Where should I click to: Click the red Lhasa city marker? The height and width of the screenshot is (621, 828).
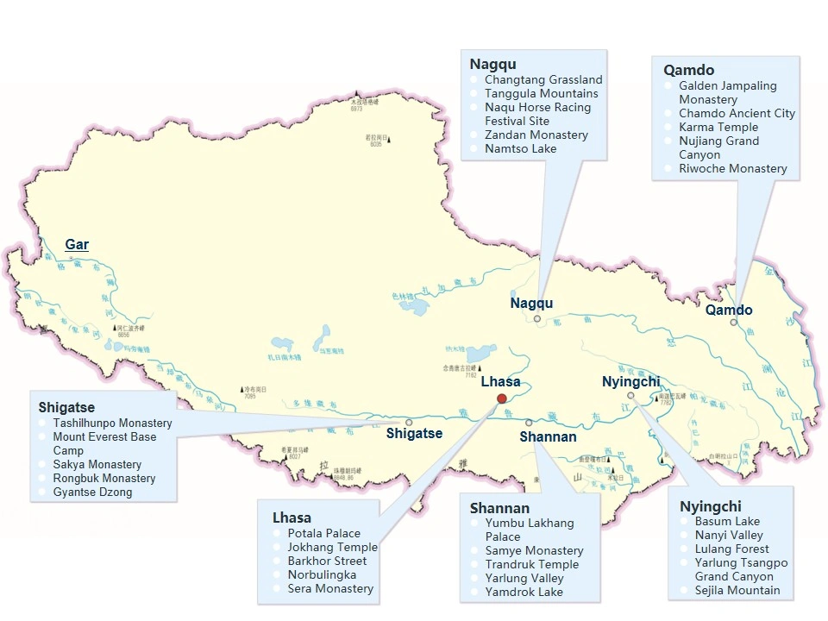(502, 398)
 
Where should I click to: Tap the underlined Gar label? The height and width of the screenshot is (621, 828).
(77, 245)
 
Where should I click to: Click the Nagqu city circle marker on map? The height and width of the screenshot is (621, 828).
(536, 318)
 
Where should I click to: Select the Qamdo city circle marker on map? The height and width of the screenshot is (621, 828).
(734, 323)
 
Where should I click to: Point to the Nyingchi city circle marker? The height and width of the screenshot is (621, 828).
(630, 395)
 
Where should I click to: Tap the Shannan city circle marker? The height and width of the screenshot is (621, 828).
(529, 423)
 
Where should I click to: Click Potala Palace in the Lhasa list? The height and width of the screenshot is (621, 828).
(325, 533)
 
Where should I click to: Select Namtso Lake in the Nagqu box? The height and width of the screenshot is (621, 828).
(520, 148)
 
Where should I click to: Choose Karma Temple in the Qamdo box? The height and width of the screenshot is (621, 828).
(718, 127)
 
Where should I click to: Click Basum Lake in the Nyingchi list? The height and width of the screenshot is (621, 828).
(727, 521)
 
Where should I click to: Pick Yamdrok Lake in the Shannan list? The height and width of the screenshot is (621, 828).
(524, 592)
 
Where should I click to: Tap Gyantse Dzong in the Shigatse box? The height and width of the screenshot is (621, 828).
(92, 492)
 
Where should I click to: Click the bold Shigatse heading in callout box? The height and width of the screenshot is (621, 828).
(66, 407)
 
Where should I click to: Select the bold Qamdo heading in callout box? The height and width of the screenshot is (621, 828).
(688, 70)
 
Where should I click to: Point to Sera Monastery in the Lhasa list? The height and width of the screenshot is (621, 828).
(330, 588)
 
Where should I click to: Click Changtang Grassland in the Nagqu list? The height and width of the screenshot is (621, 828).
(543, 79)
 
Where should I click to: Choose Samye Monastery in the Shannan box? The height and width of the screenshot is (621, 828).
(534, 550)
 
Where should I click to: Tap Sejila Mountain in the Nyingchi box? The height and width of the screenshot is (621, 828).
(737, 590)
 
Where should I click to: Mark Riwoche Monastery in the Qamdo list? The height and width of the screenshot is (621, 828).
(733, 168)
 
